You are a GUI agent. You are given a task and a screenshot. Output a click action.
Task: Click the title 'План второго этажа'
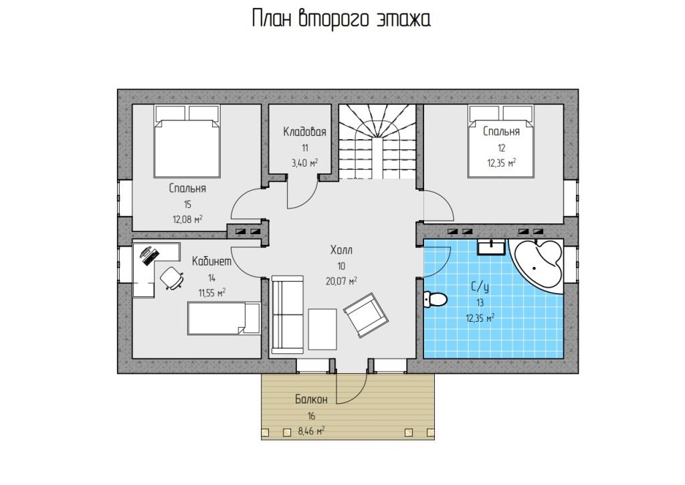(x=342, y=19)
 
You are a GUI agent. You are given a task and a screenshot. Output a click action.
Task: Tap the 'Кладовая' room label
(x=304, y=132)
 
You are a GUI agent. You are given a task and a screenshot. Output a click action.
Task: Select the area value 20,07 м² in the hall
(x=341, y=281)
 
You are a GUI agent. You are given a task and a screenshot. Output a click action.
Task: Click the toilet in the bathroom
(x=435, y=299)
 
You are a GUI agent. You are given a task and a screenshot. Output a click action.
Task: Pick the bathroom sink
(x=492, y=247)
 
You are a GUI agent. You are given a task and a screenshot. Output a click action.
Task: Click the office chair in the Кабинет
(x=172, y=278)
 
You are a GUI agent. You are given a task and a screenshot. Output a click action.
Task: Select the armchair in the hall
(x=366, y=315)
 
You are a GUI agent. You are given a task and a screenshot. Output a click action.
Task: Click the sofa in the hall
(x=288, y=314)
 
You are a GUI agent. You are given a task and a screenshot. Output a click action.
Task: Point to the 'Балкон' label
(x=311, y=399)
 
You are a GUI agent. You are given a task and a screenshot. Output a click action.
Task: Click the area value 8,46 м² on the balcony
(x=311, y=431)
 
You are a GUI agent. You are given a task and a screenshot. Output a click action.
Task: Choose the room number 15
(x=187, y=205)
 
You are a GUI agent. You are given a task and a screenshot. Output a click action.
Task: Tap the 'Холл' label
(x=341, y=250)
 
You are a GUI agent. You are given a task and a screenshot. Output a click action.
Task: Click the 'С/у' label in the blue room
(x=480, y=287)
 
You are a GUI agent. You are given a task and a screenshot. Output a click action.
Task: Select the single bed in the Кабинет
(x=224, y=318)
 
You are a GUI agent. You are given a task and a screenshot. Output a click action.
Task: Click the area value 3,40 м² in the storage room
(x=304, y=163)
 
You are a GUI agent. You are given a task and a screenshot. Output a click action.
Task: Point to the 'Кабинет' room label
(x=211, y=262)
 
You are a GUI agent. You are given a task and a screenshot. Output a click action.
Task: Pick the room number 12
(x=502, y=148)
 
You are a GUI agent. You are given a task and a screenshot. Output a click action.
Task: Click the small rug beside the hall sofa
(x=322, y=329)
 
